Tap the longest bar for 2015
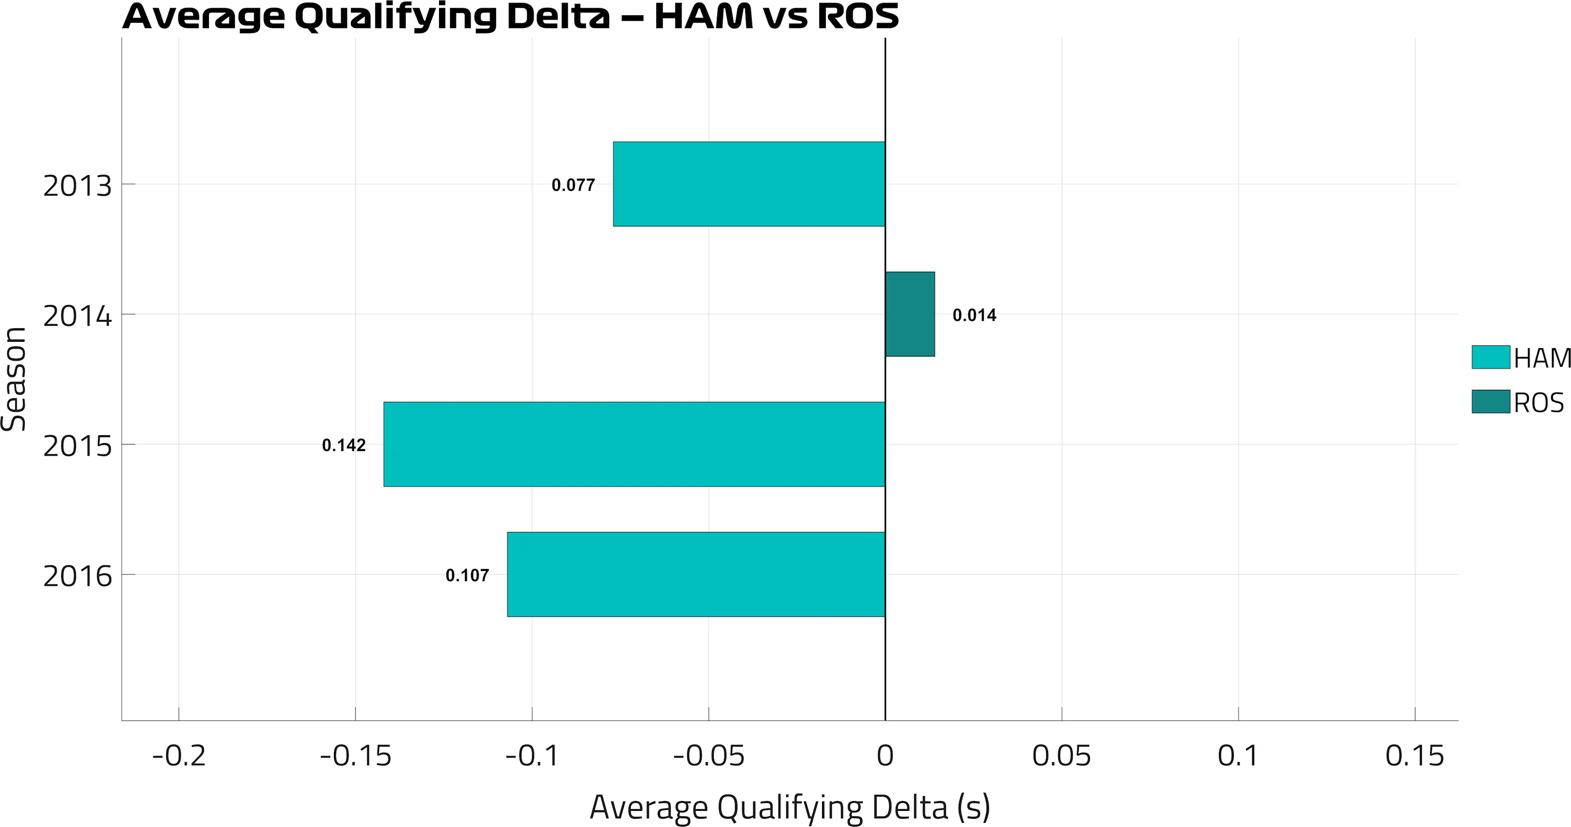[634, 444]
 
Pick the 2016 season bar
[696, 575]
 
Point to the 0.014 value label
[974, 315]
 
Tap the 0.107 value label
[467, 575]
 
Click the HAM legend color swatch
[1490, 357]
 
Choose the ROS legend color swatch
[1490, 402]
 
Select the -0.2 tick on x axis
[179, 756]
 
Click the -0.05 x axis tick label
[709, 756]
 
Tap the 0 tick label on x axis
[885, 756]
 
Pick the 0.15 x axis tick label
[1414, 756]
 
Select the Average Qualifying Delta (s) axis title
[789, 808]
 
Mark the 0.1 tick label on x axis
[1238, 756]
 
